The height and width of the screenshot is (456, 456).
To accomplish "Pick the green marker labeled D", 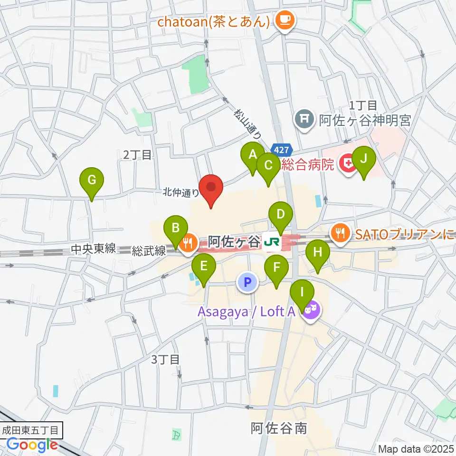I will (281, 215).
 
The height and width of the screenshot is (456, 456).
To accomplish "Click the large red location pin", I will (211, 188).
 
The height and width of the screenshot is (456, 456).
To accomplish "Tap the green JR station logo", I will (272, 242).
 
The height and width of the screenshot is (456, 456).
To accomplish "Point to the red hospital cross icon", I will (348, 164).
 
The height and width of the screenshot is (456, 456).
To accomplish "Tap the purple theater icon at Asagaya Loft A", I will (312, 312).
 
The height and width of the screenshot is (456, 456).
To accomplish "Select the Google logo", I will (32, 445).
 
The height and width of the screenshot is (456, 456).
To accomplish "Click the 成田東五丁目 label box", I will (30, 431).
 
